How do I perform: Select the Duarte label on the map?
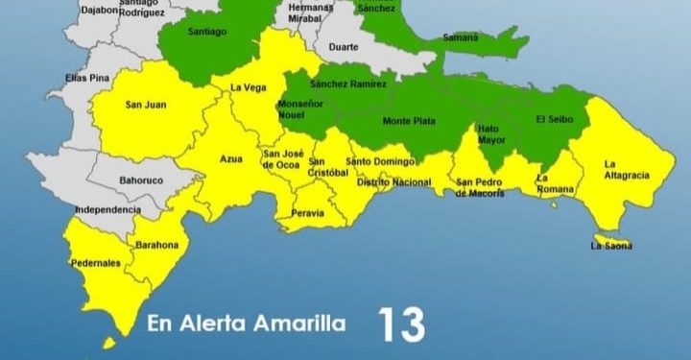pyautogui.click(x=344, y=47)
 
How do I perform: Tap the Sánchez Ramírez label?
pyautogui.click(x=349, y=84)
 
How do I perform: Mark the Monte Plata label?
pyautogui.click(x=409, y=121)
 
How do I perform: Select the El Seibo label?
pyautogui.click(x=554, y=120)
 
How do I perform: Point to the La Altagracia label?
pyautogui.click(x=627, y=169)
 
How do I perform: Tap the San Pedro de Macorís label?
pyautogui.click(x=479, y=187)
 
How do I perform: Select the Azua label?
pyautogui.click(x=231, y=158)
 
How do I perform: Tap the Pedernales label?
pyautogui.click(x=96, y=262)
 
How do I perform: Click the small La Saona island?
pyautogui.click(x=608, y=238)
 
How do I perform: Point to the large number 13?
pyautogui.click(x=401, y=325)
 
